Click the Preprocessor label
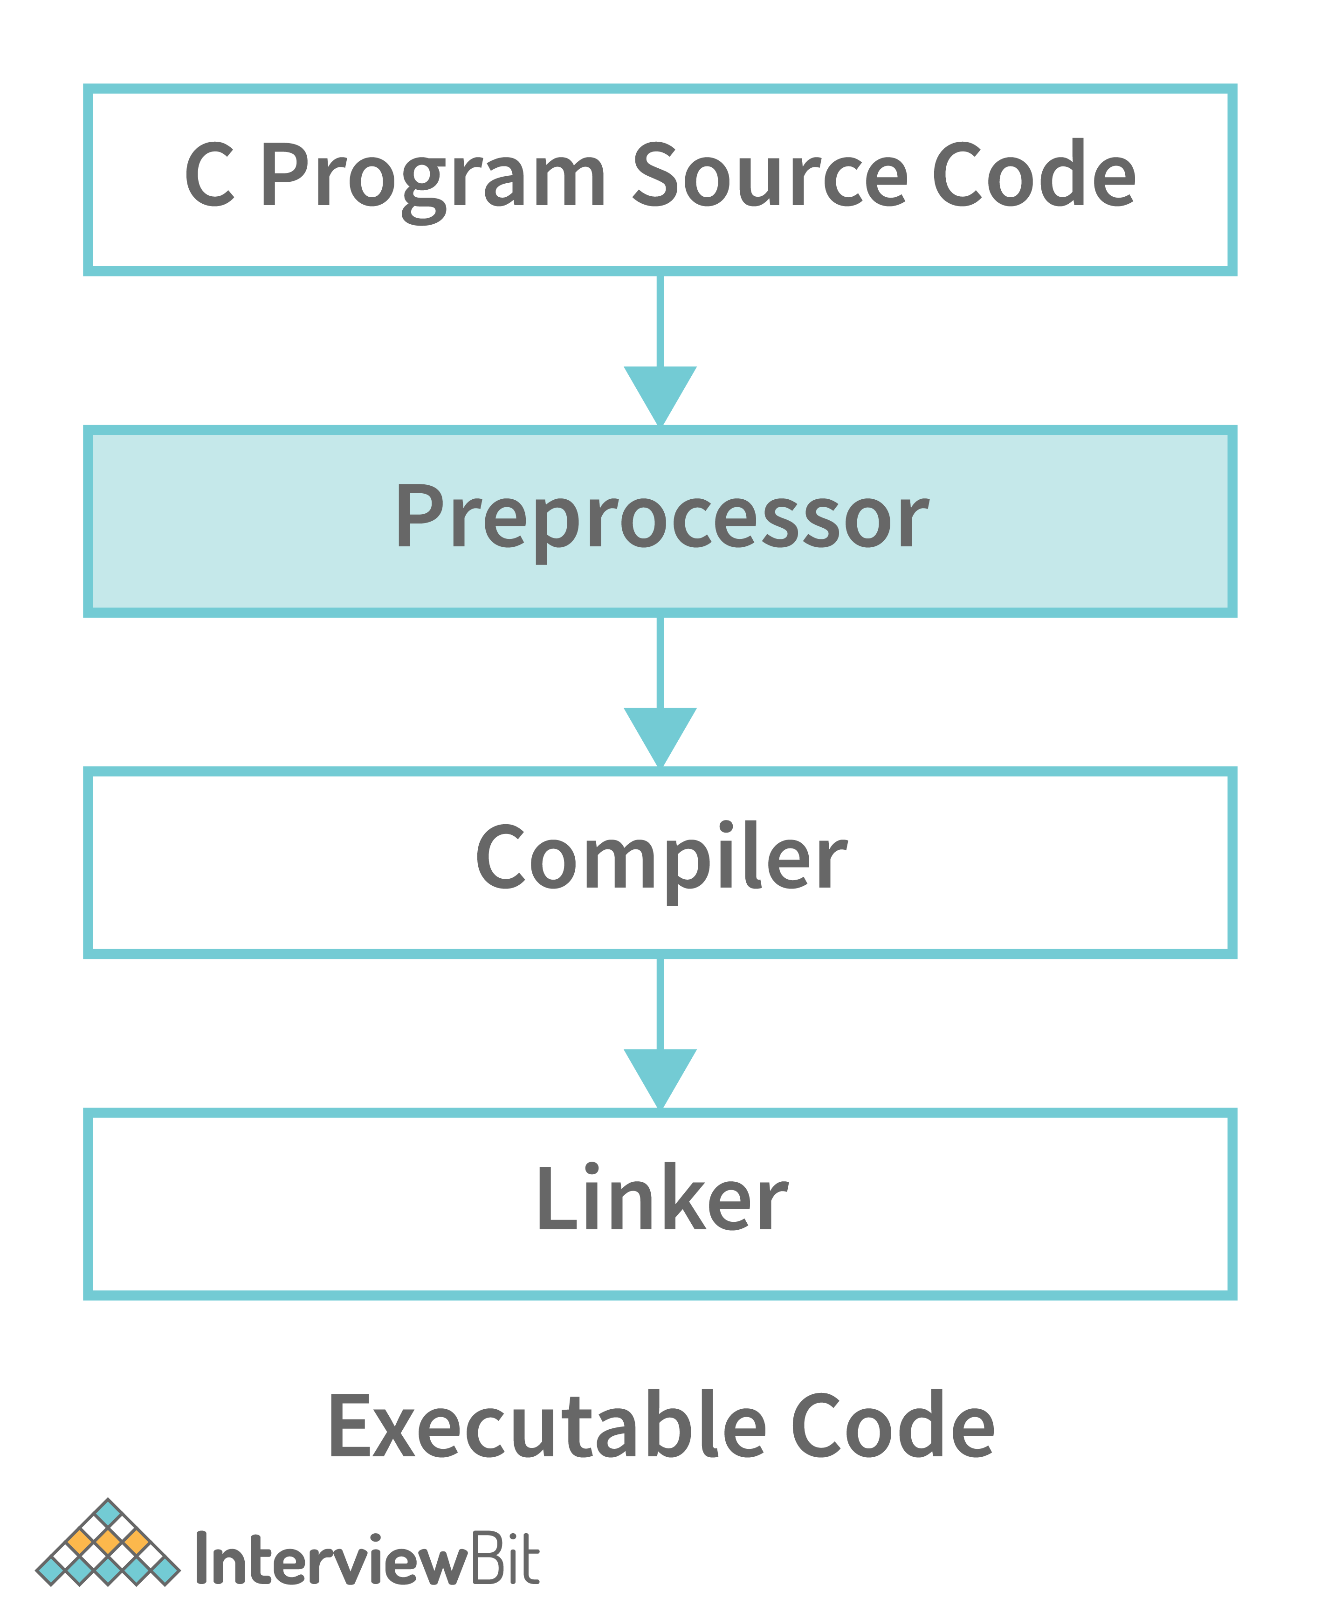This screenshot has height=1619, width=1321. [x=660, y=518]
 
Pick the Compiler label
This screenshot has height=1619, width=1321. [x=660, y=860]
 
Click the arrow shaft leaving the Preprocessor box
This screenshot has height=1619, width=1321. [x=660, y=662]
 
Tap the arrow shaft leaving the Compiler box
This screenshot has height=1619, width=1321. [x=660, y=1003]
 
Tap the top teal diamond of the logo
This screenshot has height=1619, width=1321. [x=108, y=1513]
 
